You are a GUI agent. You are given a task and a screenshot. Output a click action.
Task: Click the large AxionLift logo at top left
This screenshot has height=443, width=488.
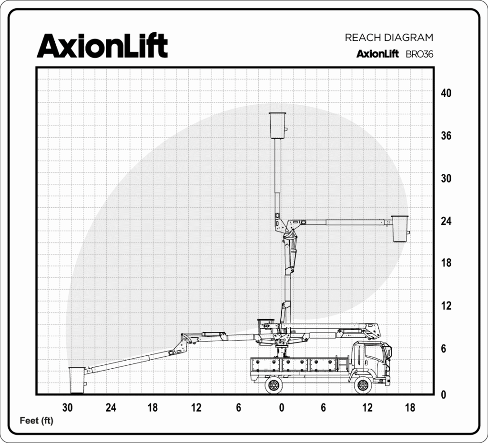pyautogui.click(x=102, y=46)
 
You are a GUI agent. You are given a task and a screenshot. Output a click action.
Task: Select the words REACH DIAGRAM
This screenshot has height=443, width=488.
pyautogui.click(x=389, y=38)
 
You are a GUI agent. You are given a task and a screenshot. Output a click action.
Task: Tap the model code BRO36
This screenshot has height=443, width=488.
pyautogui.click(x=419, y=54)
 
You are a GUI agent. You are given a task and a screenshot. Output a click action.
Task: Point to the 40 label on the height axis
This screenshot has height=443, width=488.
pyautogui.click(x=446, y=93)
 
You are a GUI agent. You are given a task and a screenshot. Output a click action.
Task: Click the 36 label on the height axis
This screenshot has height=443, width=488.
pyautogui.click(x=446, y=136)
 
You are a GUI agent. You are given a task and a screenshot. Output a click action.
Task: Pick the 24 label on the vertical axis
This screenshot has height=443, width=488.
pyautogui.click(x=446, y=221)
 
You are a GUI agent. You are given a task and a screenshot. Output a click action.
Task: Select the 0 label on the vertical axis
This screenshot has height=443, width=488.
pyautogui.click(x=444, y=395)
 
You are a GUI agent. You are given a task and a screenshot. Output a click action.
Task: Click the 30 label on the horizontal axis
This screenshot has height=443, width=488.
pyautogui.click(x=68, y=408)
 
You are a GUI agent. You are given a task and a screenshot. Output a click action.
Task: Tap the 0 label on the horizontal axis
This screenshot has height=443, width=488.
pyautogui.click(x=281, y=408)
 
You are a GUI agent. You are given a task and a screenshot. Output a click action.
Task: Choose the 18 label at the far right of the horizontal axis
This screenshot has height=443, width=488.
pyautogui.click(x=410, y=408)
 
